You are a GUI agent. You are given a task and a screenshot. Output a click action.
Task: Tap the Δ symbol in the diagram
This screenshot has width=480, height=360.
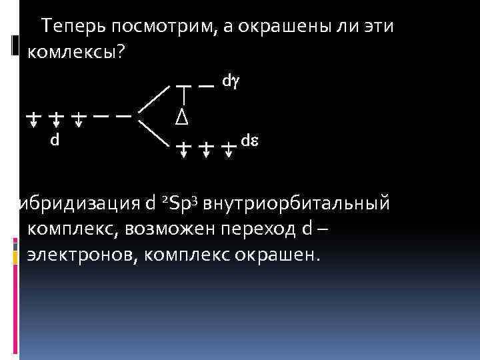coord(181,117)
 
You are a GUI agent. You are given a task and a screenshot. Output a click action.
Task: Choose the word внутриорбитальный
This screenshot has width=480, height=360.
coord(296,203)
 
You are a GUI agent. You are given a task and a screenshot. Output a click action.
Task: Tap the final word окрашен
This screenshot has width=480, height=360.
coord(285,255)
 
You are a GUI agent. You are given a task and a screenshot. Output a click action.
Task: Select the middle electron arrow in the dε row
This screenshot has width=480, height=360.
coord(206,148)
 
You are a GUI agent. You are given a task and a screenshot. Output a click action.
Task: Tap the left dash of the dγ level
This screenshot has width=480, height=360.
coord(185,86)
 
